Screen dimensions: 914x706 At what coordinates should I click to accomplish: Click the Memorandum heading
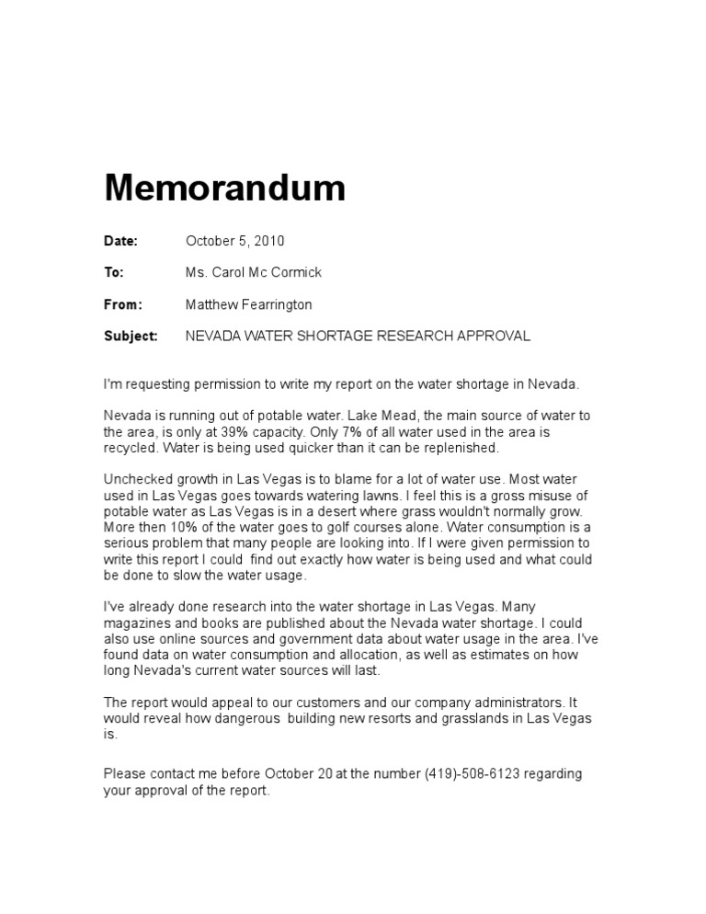click(x=225, y=189)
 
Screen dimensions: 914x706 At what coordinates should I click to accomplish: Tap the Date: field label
click(x=120, y=241)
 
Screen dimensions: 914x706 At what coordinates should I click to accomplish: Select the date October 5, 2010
click(x=234, y=241)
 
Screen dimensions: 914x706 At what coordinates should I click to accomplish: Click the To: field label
click(x=114, y=272)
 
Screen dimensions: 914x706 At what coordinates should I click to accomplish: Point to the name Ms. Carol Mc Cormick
click(x=254, y=272)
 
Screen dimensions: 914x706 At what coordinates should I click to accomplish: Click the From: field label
click(x=123, y=303)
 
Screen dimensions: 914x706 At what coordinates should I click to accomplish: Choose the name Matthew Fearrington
click(x=248, y=303)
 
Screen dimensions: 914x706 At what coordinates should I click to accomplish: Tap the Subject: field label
click(x=131, y=336)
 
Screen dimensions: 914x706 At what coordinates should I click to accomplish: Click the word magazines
click(x=138, y=623)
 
